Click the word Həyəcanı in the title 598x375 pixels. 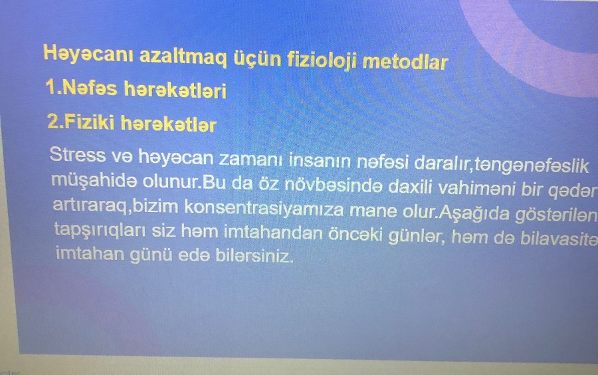point(88,53)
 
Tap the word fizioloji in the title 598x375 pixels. point(322,61)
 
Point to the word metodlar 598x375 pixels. point(405,62)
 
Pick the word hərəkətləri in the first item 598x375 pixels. point(175,91)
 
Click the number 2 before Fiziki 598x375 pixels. point(52,122)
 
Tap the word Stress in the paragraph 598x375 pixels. point(78,154)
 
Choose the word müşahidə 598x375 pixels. point(94,180)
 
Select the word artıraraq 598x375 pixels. point(92,206)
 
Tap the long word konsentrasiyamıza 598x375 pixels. point(264,209)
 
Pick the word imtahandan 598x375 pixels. point(273,233)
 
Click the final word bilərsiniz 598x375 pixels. point(254,255)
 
